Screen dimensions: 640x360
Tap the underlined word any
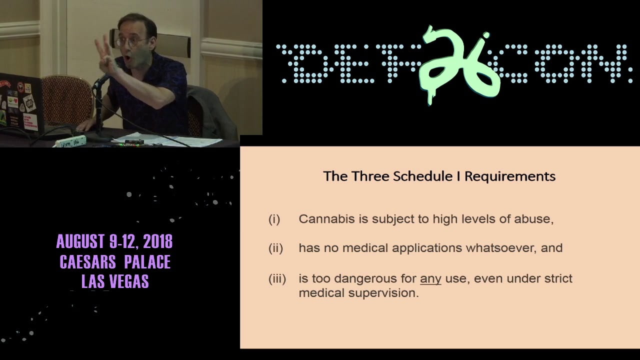pos(430,279)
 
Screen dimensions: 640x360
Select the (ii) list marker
pos(275,248)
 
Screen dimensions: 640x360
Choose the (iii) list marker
pos(277,278)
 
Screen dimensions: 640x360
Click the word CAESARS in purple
pos(87,261)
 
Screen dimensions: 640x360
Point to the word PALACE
pos(147,261)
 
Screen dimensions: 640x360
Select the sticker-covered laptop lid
pos(20,105)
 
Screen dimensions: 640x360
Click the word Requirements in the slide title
pos(510,176)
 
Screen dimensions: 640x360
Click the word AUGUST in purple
pos(80,241)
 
